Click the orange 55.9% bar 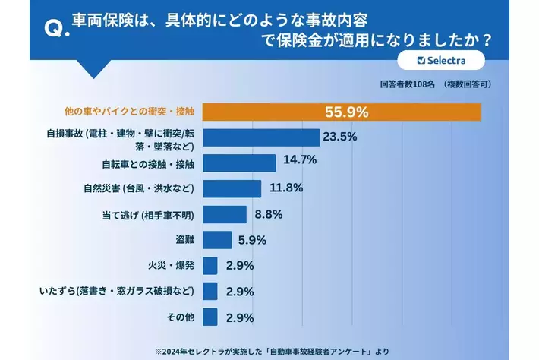(342, 112)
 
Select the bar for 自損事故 (262, 137)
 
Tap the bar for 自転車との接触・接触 (240, 163)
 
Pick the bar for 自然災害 (232, 188)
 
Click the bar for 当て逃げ (225, 214)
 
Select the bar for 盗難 (218, 240)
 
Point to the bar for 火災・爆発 (210, 266)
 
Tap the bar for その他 (210, 317)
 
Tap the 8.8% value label (268, 214)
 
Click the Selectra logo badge (441, 60)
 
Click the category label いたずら (121, 291)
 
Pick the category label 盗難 (184, 240)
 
